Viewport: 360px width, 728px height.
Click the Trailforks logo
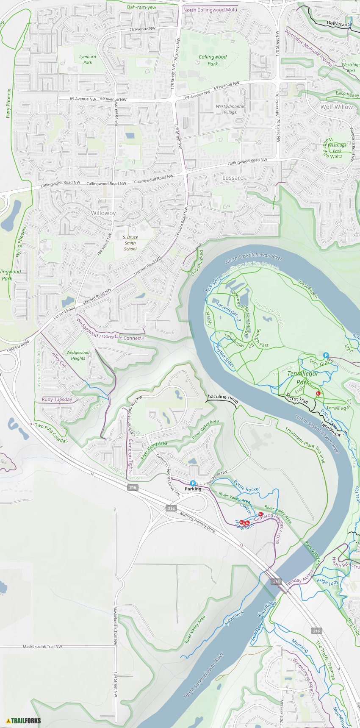[x=24, y=720]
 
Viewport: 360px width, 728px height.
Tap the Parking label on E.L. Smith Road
[x=193, y=489]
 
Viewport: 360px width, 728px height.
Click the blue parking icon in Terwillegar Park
[x=326, y=355]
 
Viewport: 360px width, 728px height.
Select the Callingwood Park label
[x=213, y=60]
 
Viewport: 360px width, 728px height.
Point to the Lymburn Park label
[x=87, y=59]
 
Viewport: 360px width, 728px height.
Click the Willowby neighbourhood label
[x=103, y=213]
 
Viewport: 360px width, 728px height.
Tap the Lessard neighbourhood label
[x=233, y=178]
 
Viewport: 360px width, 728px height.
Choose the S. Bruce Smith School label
[x=130, y=243]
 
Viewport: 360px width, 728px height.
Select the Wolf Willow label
[x=336, y=107]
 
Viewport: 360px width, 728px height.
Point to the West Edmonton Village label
[x=230, y=109]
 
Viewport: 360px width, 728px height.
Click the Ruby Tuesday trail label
[x=57, y=399]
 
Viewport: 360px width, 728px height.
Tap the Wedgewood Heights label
[x=78, y=355]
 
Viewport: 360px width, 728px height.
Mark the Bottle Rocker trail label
[x=247, y=486]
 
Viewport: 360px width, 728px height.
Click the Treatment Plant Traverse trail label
[x=305, y=445]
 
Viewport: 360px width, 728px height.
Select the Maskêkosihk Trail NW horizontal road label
[x=42, y=646]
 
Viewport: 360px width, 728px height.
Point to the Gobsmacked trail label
[x=197, y=263]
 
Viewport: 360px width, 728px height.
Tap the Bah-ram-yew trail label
[x=141, y=7]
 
